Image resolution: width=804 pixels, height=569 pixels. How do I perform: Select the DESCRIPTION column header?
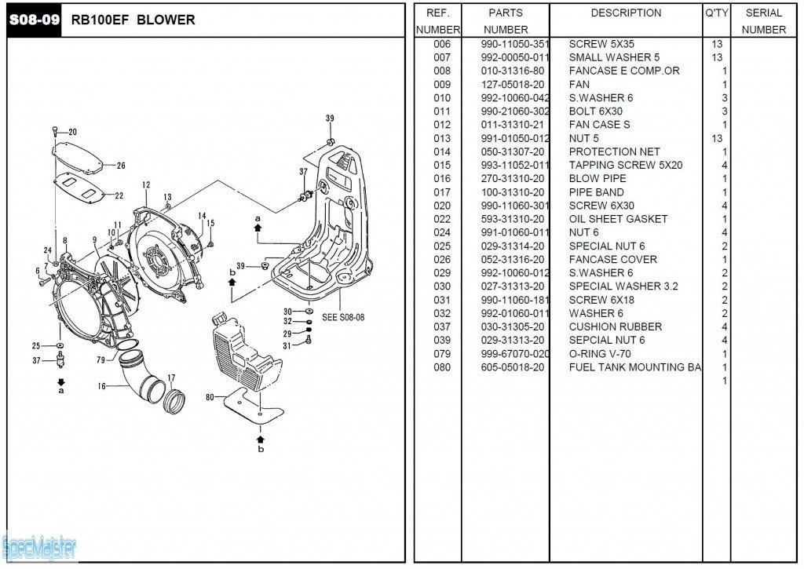point(626,13)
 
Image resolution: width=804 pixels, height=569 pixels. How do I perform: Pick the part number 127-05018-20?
point(513,84)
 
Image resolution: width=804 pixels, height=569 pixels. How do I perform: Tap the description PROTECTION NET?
point(614,151)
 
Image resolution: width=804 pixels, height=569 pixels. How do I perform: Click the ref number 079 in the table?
point(442,354)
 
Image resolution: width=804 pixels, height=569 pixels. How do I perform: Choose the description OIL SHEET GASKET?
point(618,219)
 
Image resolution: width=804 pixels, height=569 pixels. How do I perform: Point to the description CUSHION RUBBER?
point(615,326)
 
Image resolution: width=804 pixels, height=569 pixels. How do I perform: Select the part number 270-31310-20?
point(513,178)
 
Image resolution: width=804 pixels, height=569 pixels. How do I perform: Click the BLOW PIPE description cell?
point(598,178)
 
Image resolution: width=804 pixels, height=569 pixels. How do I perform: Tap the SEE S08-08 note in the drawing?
point(343,318)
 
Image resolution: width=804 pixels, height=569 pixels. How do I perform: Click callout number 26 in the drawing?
point(121,166)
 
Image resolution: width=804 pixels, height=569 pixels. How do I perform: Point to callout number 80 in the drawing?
point(210,398)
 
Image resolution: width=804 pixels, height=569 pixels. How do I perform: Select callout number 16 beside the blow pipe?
point(101,386)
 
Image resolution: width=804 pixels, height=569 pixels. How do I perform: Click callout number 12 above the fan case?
point(146,185)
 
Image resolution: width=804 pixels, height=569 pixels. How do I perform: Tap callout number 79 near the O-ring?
point(100,360)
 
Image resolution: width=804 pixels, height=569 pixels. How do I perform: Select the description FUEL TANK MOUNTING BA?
point(635,367)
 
